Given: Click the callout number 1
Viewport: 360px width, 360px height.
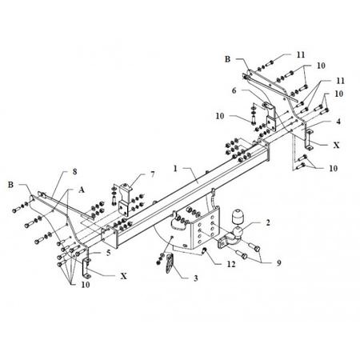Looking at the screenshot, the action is click(175, 169).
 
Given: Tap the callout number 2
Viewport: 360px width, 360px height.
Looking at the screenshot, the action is click(268, 222).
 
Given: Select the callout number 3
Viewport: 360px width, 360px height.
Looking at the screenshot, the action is click(196, 278).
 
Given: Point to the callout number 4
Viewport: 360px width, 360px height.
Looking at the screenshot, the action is click(338, 122).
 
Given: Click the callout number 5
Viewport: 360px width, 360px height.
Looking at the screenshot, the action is click(108, 253).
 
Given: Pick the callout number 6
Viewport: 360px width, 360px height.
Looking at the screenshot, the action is click(234, 90).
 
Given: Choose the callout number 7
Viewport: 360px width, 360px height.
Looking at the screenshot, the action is click(153, 174).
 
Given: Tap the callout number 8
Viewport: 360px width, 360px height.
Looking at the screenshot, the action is click(74, 172).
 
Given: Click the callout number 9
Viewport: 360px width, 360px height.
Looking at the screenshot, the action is click(279, 263).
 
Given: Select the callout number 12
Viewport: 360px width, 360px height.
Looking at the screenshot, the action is click(231, 264).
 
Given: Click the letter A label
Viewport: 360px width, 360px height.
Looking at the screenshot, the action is click(82, 190).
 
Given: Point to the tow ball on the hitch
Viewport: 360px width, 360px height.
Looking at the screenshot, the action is click(238, 232).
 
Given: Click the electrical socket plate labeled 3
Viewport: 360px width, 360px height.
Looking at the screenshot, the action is click(170, 263).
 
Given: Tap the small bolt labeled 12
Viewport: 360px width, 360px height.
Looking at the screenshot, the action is click(205, 250).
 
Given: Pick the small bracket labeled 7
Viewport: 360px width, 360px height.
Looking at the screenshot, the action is click(125, 199).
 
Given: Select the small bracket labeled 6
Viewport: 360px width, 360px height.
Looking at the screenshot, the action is click(270, 116).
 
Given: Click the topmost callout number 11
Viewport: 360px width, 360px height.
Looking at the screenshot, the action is click(301, 54).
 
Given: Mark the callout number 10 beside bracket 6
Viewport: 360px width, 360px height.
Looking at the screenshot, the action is click(220, 116).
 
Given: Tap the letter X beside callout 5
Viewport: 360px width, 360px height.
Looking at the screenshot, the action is click(123, 276).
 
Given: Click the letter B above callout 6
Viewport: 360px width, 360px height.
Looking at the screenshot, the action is click(227, 59).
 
